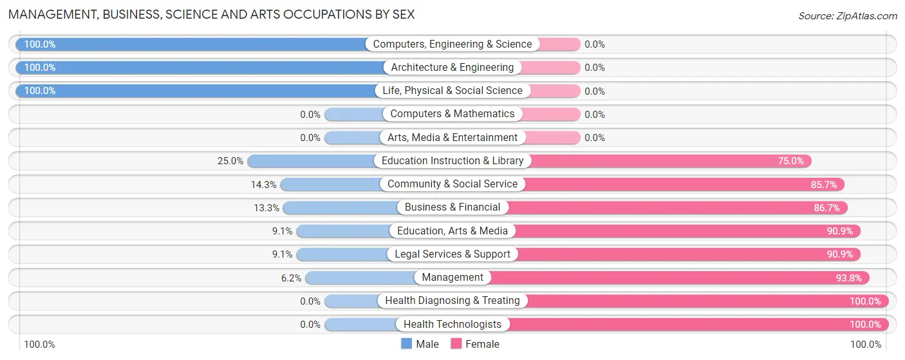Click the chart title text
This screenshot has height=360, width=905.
pos(211,14)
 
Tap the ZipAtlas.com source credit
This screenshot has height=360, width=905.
pos(847,15)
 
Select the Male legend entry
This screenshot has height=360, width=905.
pos(420,344)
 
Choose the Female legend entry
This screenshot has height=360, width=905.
pos(475,344)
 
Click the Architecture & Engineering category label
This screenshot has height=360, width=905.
pos(452,68)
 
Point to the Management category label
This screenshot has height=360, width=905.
pos(452,278)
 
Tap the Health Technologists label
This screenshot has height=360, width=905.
pos(452,325)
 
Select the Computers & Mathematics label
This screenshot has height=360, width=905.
pos(452,114)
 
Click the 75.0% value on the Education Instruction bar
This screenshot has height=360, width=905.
pos(790,161)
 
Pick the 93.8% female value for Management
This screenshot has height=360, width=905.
pos(848,278)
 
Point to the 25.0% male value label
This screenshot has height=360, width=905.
pos(230,161)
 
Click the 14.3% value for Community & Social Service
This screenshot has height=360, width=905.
pos(264,184)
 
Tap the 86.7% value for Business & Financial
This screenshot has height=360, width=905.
pos(826,207)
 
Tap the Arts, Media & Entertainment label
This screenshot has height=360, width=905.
pos(452,138)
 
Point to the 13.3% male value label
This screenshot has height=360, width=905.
pos(266,207)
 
